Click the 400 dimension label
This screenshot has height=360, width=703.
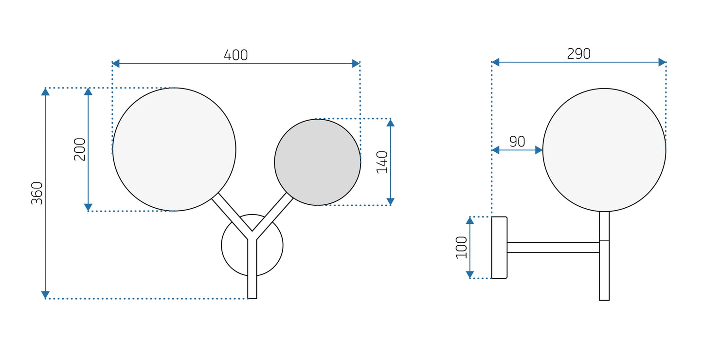click(x=235, y=55)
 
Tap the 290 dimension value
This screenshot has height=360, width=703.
click(x=578, y=54)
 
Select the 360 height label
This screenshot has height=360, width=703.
click(x=37, y=193)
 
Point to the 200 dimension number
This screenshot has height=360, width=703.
click(x=79, y=149)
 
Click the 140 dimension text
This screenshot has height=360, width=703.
click(x=382, y=162)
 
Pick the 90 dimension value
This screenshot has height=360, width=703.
click(x=517, y=142)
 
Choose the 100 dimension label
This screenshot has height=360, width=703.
click(x=461, y=247)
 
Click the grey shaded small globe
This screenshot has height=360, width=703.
click(x=317, y=162)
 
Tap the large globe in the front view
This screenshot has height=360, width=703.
click(x=174, y=149)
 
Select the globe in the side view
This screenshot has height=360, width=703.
click(x=604, y=150)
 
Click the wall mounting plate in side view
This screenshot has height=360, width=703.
click(x=499, y=248)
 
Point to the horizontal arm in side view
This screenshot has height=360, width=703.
click(x=553, y=248)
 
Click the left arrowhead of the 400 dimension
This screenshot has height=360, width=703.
click(x=116, y=63)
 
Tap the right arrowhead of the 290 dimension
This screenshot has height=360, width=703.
click(x=662, y=62)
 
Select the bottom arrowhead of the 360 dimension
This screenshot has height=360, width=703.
click(x=45, y=295)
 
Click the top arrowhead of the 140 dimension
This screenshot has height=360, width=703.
click(x=390, y=123)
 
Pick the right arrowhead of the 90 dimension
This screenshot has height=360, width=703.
click(x=539, y=150)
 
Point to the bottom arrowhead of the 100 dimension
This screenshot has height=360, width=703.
click(x=469, y=275)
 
